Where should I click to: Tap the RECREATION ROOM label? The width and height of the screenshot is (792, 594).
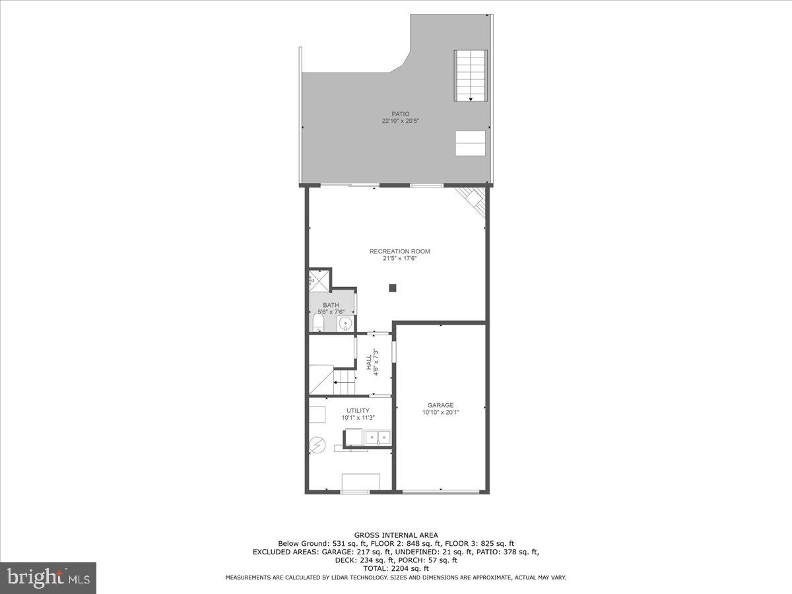pyautogui.click(x=399, y=251)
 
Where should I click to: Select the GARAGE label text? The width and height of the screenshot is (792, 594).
pyautogui.click(x=440, y=405)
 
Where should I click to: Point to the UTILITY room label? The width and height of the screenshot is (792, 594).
pyautogui.click(x=358, y=411)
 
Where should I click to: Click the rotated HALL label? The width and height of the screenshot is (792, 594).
pyautogui.click(x=368, y=362)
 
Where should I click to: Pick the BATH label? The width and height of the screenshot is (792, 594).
pyautogui.click(x=331, y=305)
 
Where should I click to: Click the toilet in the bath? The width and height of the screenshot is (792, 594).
pyautogui.click(x=318, y=323)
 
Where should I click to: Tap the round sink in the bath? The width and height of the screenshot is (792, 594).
pyautogui.click(x=345, y=323)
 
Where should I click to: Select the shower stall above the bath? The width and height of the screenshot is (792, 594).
pyautogui.click(x=319, y=280)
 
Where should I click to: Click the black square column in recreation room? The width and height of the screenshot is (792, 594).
pyautogui.click(x=392, y=288)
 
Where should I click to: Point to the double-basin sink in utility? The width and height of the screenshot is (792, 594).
pyautogui.click(x=378, y=437)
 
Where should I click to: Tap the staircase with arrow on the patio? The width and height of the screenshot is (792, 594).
pyautogui.click(x=471, y=75)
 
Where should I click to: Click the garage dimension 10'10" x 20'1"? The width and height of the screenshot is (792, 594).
pyautogui.click(x=440, y=412)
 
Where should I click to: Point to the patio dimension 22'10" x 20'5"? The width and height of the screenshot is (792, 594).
pyautogui.click(x=400, y=121)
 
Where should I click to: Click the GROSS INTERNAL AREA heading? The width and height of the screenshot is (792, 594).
pyautogui.click(x=395, y=535)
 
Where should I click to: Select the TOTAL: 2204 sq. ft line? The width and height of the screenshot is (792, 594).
pyautogui.click(x=395, y=568)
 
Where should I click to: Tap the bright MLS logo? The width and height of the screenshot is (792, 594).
pyautogui.click(x=48, y=578)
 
